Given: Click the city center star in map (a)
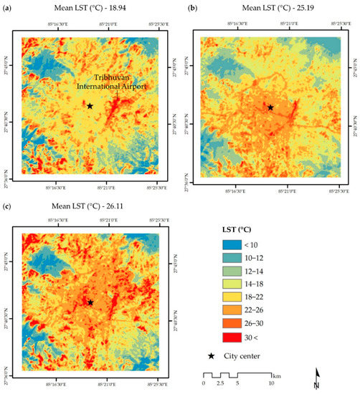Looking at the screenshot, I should (x=90, y=105).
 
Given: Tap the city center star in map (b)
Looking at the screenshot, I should (x=270, y=107).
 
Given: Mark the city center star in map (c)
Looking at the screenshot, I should (x=90, y=302).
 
